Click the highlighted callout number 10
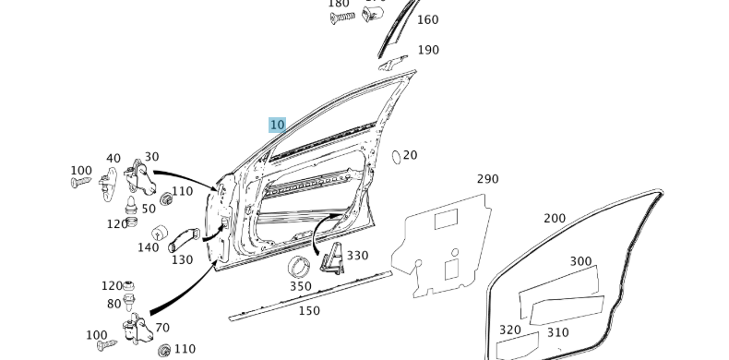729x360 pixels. point(277,125)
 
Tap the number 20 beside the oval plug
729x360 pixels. point(410,155)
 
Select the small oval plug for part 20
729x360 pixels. point(396,156)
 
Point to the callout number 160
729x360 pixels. point(428,19)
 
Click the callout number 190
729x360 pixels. point(428,50)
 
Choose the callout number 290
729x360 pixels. point(487,179)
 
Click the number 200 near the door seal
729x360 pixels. point(555,219)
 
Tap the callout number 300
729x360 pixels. point(580,261)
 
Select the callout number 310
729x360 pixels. point(557,332)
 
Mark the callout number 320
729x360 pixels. point(509,330)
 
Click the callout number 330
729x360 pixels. point(356,256)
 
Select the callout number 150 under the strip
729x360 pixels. point(309,311)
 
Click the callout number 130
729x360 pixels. point(182,260)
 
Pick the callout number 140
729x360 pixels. point(148,247)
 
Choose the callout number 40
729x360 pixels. point(114,159)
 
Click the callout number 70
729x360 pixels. point(162,328)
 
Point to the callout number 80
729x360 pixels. point(114,304)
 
